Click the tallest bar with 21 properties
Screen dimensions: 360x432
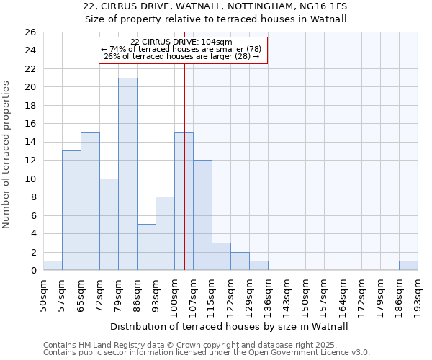[x=127, y=174]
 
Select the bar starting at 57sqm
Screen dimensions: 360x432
[x=71, y=210]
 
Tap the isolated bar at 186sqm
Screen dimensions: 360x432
[x=408, y=266]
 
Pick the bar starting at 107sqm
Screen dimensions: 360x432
[x=202, y=215]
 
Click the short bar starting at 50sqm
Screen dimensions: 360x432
[x=53, y=266]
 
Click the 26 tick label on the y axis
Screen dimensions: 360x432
[x=30, y=32]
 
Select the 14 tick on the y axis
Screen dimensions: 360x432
[x=30, y=143]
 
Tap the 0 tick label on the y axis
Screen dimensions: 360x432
[x=32, y=271]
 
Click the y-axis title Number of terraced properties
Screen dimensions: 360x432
[x=6, y=155]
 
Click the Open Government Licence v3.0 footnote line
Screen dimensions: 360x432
[x=207, y=353]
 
